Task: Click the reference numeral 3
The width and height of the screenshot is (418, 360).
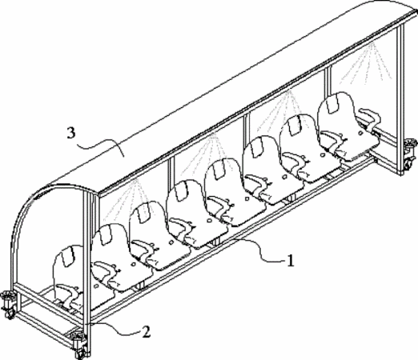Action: click(x=71, y=133)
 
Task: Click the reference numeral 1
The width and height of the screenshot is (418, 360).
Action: click(x=290, y=261)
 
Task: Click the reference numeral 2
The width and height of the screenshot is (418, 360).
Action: click(x=146, y=332)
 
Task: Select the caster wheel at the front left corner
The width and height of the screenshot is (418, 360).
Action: click(x=78, y=346)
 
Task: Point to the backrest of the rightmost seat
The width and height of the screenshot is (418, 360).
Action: click(x=337, y=112)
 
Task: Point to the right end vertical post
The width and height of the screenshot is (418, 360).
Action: click(x=400, y=98)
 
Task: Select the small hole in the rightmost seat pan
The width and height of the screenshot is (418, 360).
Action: click(x=360, y=132)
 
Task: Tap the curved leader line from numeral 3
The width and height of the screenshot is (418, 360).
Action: click(x=101, y=144)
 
